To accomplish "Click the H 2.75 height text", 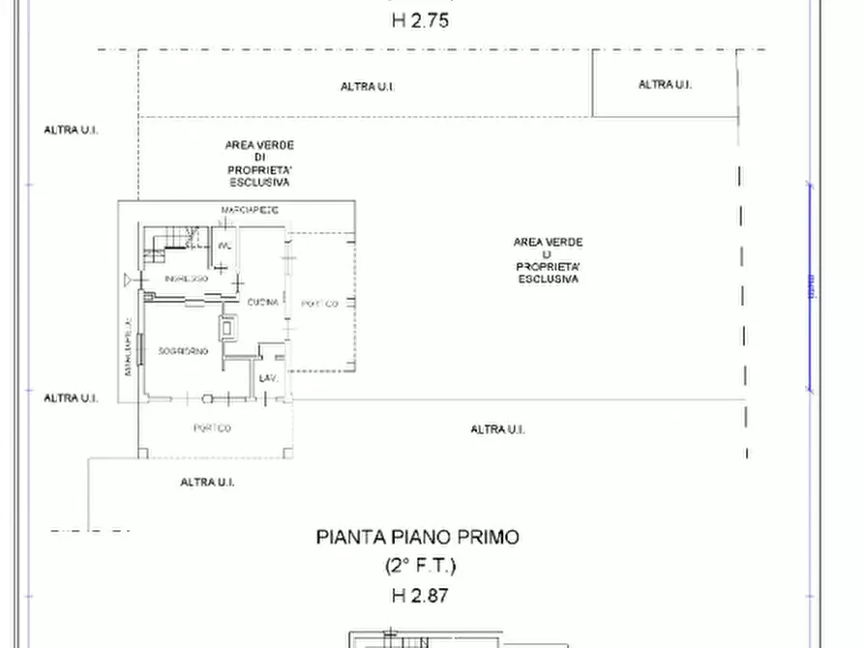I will point(420,19).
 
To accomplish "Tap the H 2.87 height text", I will point(420,596).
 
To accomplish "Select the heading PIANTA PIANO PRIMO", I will point(417,538).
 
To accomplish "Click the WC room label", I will point(224,246).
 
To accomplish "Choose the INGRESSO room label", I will point(186,279).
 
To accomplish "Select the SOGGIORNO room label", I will point(184,351).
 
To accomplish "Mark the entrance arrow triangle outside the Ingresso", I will point(129,280).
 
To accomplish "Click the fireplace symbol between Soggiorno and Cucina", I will point(229,327).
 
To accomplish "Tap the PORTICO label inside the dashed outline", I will point(319,304).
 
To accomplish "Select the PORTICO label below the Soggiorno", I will point(212,428).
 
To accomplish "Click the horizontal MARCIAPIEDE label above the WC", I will point(250,210).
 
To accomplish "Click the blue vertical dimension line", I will point(810,287).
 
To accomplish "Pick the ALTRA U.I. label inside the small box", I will point(665,85).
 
